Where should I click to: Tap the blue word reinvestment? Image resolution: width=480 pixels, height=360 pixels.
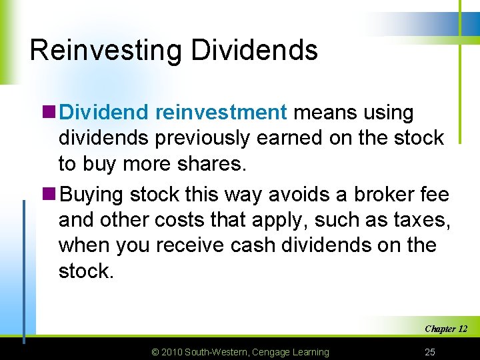tap(221, 113)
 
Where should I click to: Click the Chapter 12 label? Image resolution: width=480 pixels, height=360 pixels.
tap(446, 329)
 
